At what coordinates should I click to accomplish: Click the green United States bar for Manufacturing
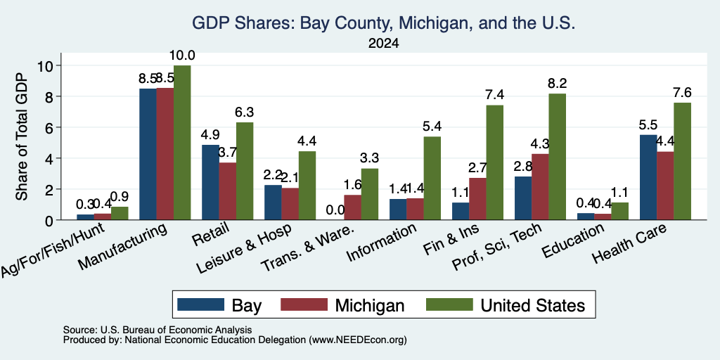(182, 143)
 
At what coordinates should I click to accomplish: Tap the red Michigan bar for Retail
(228, 191)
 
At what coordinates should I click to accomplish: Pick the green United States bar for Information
(432, 178)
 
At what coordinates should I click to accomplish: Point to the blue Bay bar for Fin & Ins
(461, 211)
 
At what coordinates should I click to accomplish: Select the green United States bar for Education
(620, 211)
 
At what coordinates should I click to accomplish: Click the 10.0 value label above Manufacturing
(182, 56)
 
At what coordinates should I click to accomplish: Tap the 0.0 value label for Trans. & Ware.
(335, 210)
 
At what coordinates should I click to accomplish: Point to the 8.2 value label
(558, 84)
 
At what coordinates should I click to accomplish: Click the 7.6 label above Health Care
(682, 93)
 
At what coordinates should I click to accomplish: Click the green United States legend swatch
(449, 304)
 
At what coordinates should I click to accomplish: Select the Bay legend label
(247, 305)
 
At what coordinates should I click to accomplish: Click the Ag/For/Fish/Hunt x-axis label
(53, 250)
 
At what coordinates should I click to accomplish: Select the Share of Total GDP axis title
(22, 137)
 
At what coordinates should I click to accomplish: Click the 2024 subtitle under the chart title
(383, 44)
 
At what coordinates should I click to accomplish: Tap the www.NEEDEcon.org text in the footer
(358, 340)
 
